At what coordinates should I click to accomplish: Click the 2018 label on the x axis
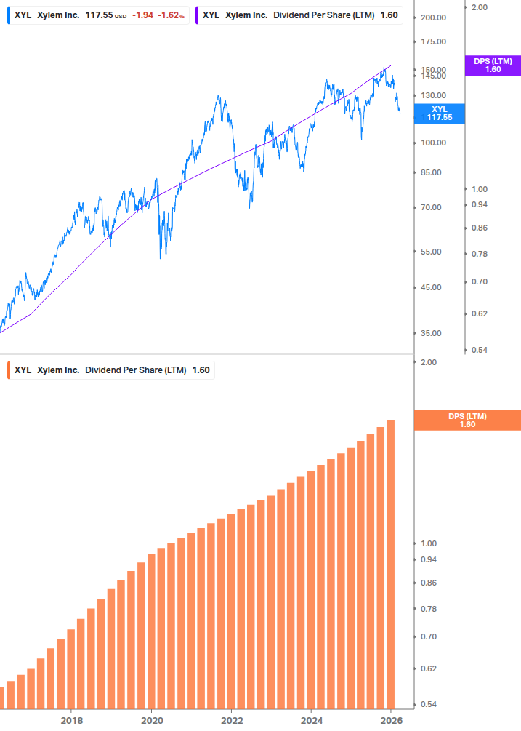click(71, 720)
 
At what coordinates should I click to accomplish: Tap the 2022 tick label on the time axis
click(231, 720)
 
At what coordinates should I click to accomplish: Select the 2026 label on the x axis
click(391, 720)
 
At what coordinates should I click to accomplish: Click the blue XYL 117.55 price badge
click(440, 113)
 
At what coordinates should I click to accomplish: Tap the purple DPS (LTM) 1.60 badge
click(493, 65)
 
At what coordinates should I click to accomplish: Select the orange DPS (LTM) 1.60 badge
click(467, 420)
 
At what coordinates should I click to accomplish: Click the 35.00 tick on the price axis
click(431, 333)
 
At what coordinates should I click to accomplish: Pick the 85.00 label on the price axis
click(431, 172)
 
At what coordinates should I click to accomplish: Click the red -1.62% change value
click(171, 15)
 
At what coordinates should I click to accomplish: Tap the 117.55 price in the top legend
click(99, 15)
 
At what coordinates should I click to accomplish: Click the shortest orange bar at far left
click(1, 698)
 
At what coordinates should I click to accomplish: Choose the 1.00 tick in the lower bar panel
click(429, 543)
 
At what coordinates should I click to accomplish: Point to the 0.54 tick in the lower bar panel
click(429, 704)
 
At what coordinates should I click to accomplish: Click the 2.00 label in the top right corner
click(479, 7)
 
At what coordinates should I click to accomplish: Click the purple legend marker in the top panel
click(197, 15)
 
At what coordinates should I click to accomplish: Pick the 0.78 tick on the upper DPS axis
click(479, 254)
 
